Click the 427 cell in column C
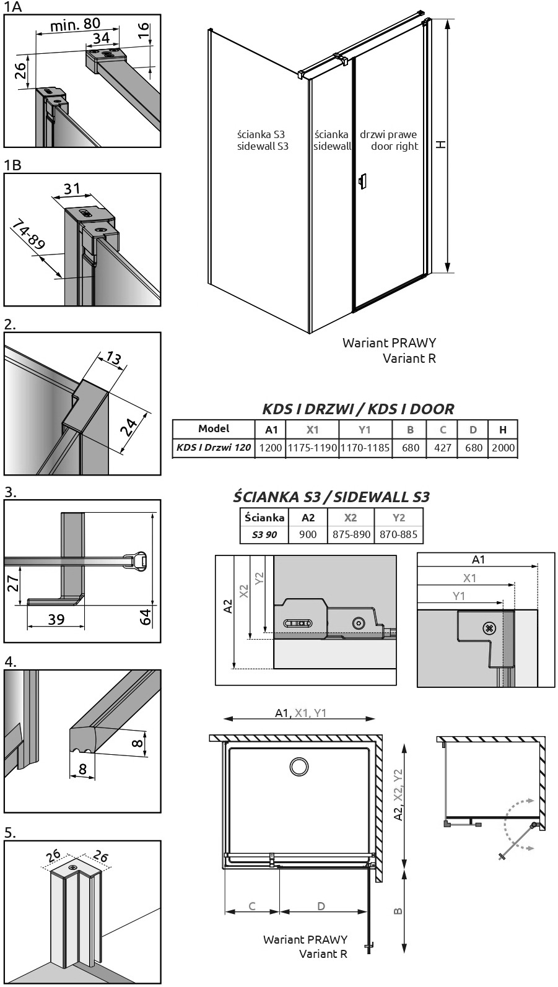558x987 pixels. click(x=443, y=448)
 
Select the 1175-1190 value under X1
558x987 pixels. click(x=313, y=448)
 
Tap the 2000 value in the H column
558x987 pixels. click(x=503, y=448)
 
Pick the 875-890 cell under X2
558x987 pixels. click(x=351, y=534)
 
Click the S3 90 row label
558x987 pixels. click(x=264, y=534)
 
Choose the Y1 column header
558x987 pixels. click(x=365, y=430)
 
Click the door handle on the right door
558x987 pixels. click(x=362, y=181)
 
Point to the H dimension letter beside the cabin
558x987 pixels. click(x=441, y=144)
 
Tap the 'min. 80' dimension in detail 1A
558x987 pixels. click(x=76, y=24)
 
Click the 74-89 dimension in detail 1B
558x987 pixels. click(x=28, y=235)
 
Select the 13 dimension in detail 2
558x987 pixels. click(x=113, y=358)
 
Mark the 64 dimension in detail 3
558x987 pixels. click(x=146, y=617)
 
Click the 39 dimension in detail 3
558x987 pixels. click(x=56, y=620)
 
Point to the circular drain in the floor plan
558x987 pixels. click(x=299, y=766)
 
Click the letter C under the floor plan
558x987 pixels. click(x=252, y=906)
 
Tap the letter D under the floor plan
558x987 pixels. click(x=321, y=906)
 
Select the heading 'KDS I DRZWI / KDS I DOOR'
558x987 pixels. click(x=358, y=409)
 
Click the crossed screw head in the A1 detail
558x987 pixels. click(x=489, y=628)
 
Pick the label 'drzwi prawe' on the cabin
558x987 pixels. click(x=388, y=134)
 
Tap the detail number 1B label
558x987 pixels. click(x=12, y=165)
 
